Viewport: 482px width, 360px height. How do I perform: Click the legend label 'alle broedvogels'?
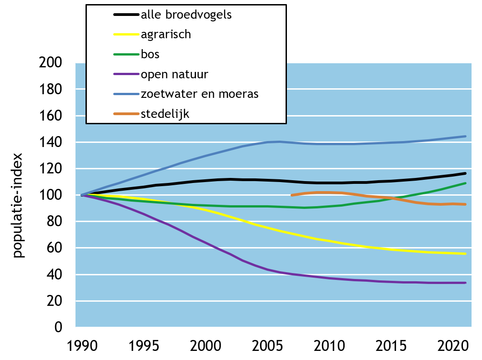(186, 15)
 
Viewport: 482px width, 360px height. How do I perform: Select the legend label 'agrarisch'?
(166, 34)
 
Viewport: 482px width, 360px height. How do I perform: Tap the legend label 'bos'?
(150, 54)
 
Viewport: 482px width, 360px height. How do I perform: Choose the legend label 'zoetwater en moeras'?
(200, 94)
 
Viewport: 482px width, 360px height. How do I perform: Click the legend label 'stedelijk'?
(165, 114)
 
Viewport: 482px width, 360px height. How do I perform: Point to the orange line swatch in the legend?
(126, 114)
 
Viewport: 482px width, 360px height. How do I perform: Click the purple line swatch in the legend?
(126, 74)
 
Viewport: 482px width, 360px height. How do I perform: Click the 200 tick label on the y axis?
(51, 63)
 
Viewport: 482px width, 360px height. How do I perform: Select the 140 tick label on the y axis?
(51, 142)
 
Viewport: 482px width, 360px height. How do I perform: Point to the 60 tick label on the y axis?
(55, 248)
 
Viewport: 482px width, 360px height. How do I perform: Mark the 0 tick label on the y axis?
(58, 327)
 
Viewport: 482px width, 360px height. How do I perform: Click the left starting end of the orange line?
(291, 195)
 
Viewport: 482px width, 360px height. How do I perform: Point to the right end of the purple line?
(465, 283)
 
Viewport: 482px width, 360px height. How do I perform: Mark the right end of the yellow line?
(465, 254)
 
